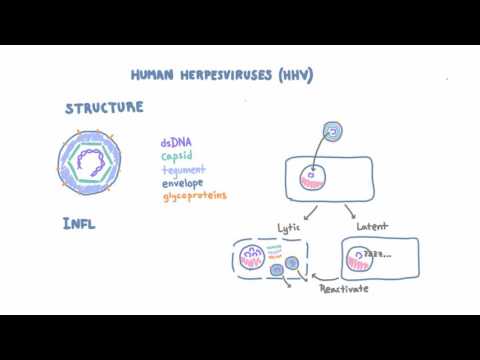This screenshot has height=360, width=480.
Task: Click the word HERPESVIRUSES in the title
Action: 236,75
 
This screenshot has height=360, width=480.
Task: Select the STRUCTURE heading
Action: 105,108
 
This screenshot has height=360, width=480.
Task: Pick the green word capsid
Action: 178,156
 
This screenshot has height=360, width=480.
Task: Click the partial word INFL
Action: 80,223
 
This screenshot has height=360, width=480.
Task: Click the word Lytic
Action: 289,227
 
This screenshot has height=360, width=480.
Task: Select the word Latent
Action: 371,227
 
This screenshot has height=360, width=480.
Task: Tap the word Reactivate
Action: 343,290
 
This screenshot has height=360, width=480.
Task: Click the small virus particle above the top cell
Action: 335,130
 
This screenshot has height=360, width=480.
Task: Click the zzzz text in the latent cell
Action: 378,254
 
